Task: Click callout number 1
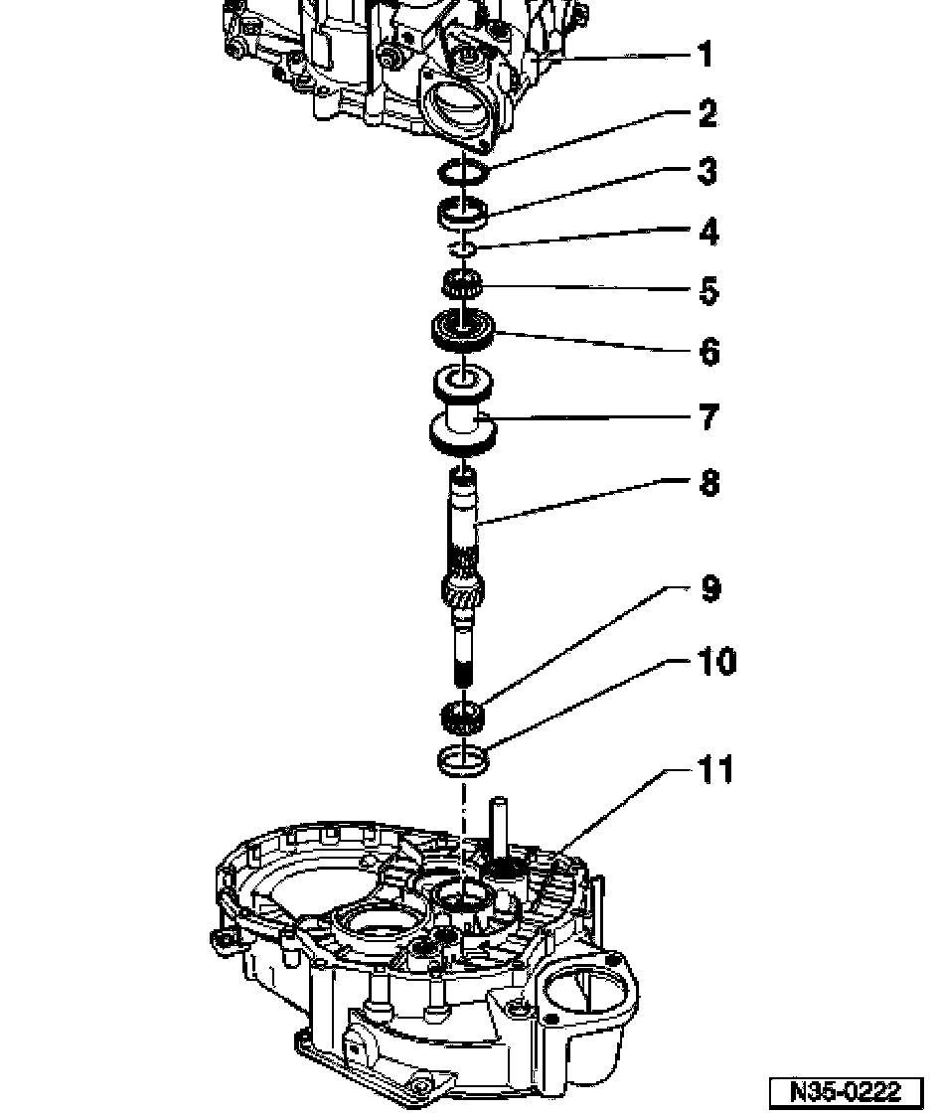click(704, 54)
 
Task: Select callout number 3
click(706, 171)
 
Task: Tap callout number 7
click(707, 416)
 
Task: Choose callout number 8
click(708, 483)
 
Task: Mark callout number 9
click(708, 589)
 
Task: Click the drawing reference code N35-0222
click(845, 1091)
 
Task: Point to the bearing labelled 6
click(462, 330)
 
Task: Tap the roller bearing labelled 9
click(462, 713)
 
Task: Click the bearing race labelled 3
click(463, 211)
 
